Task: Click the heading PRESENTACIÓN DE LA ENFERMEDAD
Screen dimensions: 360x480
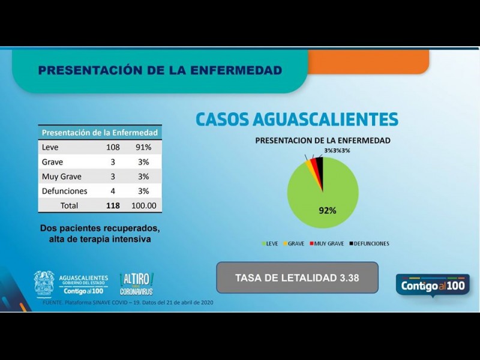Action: point(160,70)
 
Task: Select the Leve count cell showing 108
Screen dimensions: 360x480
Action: point(113,147)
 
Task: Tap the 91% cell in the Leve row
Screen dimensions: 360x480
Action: point(143,147)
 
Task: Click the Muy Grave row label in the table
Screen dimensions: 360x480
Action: point(62,176)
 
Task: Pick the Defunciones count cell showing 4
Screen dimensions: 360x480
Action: point(113,191)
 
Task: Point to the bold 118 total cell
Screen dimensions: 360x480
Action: point(113,205)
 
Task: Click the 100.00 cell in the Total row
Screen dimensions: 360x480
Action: point(144,205)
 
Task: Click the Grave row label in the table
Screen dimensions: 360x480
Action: point(53,162)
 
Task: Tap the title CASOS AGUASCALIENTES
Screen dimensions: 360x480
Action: point(297,119)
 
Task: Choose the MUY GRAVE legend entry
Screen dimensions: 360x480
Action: point(326,244)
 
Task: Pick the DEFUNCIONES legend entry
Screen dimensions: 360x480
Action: point(368,244)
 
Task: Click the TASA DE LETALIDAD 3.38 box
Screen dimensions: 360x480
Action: point(297,278)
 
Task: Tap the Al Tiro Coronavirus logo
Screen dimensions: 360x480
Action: point(137,284)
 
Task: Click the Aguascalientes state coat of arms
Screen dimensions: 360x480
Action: point(44,284)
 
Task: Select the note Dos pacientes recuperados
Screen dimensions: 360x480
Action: point(100,234)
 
